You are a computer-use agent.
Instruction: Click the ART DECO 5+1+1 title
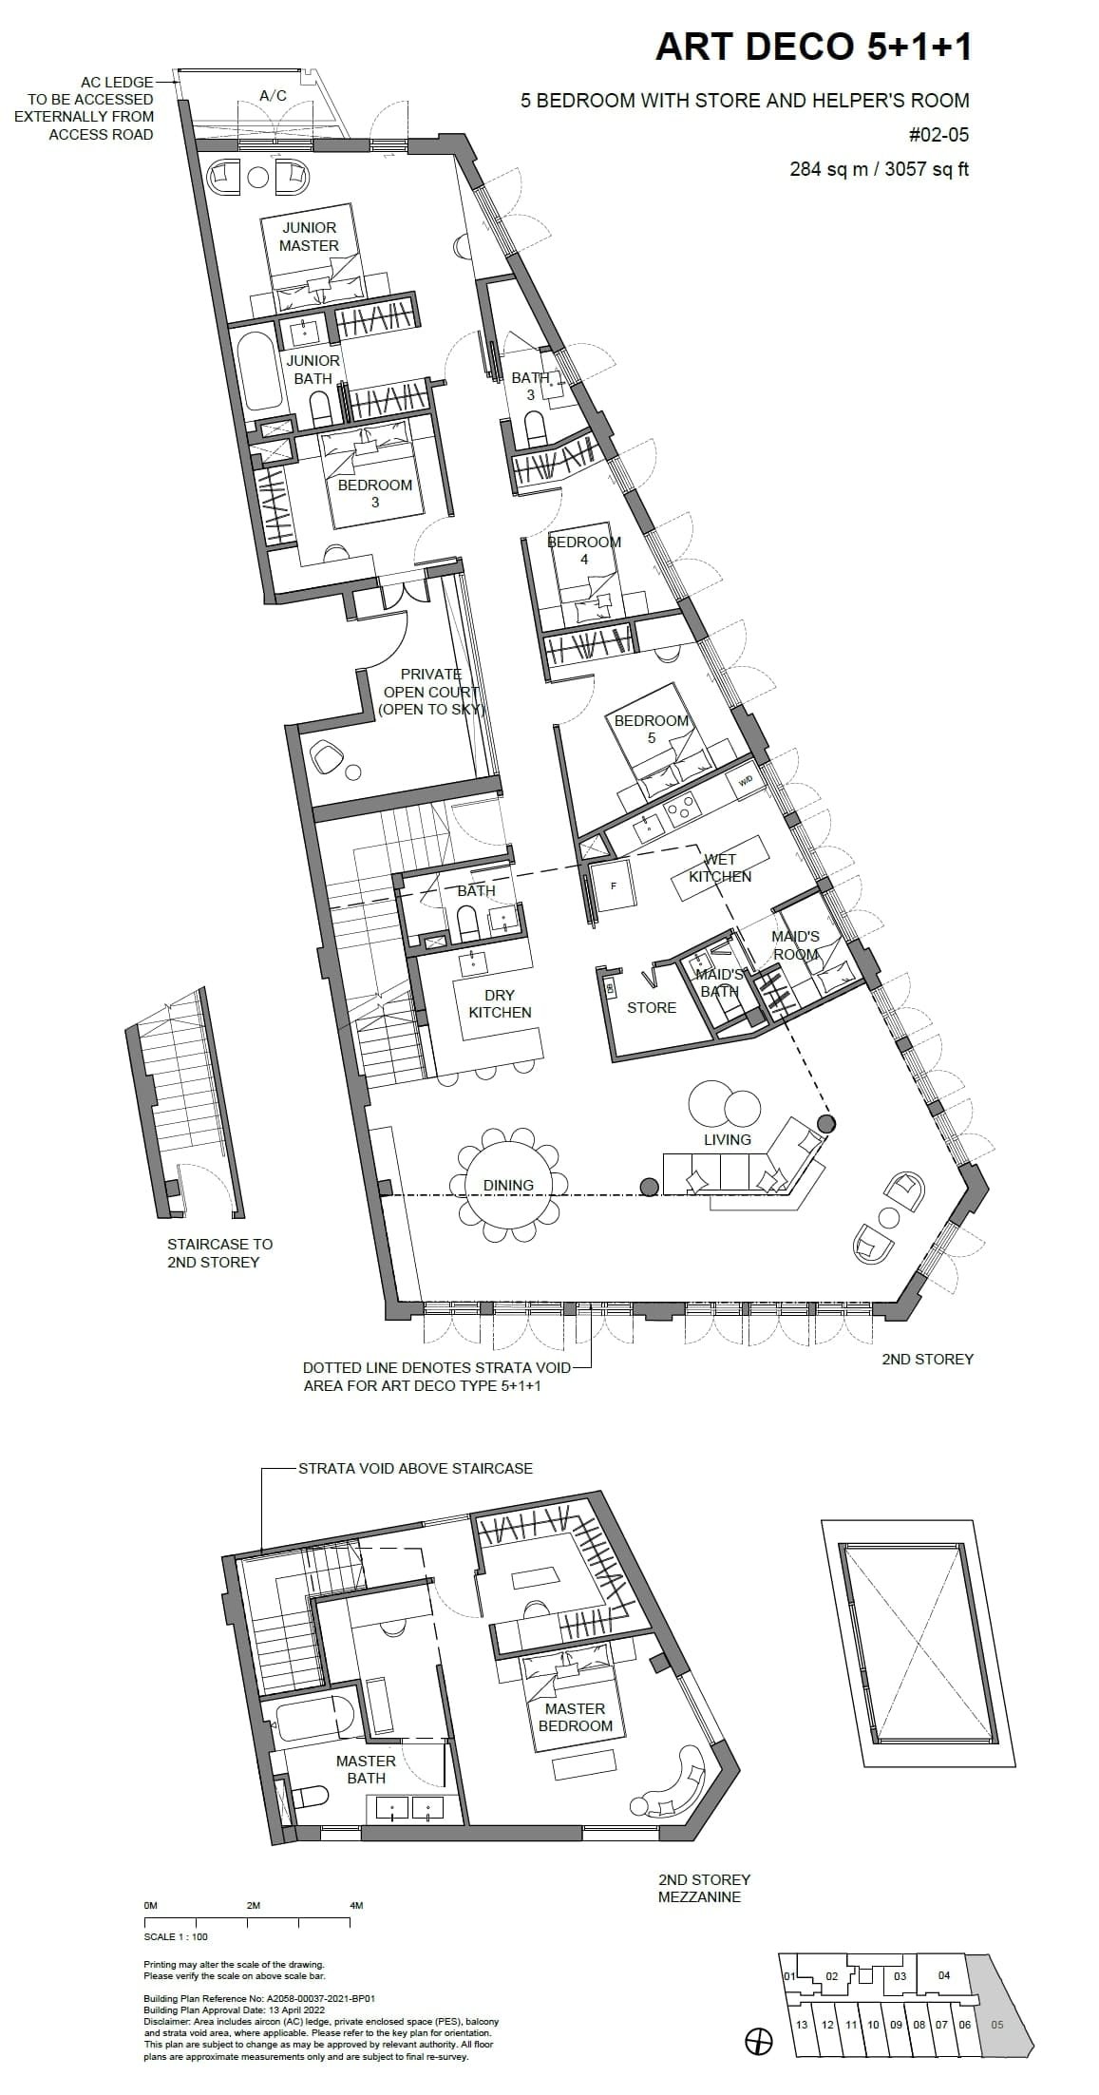[813, 47]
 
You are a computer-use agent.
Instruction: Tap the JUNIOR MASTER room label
[309, 237]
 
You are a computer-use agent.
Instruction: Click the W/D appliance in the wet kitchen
[745, 781]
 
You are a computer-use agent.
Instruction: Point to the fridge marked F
[613, 886]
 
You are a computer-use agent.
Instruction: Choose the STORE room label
[652, 1007]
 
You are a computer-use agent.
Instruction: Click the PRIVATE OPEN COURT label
[431, 692]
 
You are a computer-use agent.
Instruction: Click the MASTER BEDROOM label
[575, 1717]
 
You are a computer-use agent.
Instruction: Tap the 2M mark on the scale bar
[253, 1906]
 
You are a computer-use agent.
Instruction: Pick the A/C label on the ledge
[274, 96]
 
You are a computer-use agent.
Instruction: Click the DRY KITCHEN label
[500, 1003]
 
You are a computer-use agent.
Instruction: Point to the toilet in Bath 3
[535, 429]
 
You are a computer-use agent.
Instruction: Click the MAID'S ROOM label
[795, 945]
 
